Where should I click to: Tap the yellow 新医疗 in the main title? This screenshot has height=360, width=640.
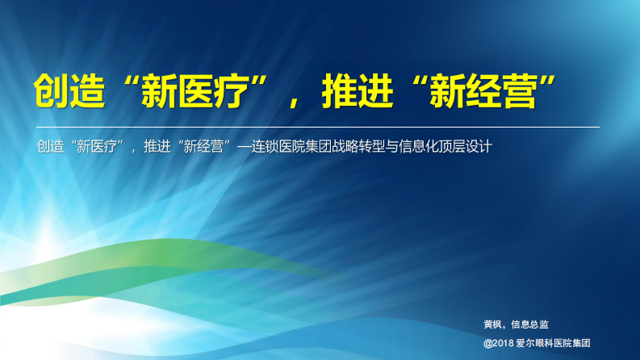tap(195, 92)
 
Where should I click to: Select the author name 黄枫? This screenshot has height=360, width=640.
tap(492, 324)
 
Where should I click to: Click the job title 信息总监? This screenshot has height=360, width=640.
tap(530, 324)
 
